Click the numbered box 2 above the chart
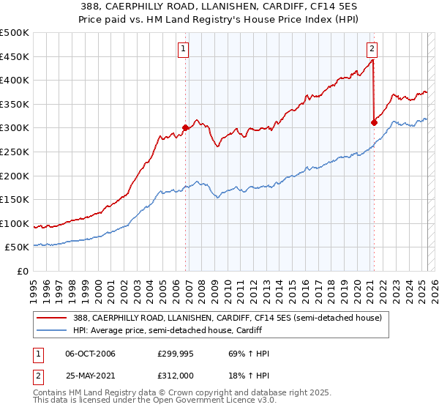tap(372, 49)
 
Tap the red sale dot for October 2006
tap(185, 127)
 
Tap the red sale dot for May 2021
tap(374, 122)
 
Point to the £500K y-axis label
tap(15, 33)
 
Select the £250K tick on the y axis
tap(15, 152)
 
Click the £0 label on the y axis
tap(23, 271)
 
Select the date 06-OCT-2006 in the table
tap(90, 354)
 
